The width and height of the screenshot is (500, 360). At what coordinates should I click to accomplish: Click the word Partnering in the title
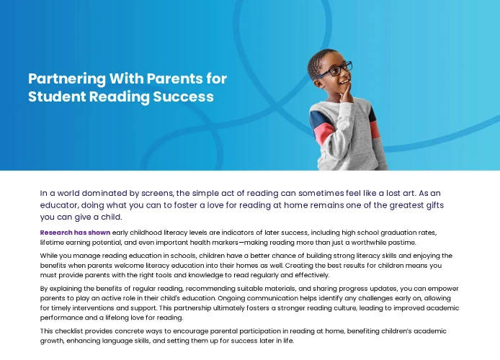tap(67, 79)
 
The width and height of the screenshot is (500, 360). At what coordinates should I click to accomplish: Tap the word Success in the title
tap(183, 97)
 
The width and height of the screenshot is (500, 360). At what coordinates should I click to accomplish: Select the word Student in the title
tap(57, 97)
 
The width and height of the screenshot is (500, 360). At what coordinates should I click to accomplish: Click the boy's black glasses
tap(336, 70)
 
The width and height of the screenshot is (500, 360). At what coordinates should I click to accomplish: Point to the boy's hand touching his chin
tap(345, 94)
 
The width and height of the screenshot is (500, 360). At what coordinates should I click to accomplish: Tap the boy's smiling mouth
tap(344, 82)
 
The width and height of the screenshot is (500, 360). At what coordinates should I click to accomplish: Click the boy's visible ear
tap(319, 83)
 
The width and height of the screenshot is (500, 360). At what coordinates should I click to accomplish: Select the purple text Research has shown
tap(75, 233)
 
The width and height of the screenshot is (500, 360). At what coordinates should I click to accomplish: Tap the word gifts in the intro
tap(435, 205)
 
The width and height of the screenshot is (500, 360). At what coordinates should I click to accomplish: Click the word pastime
tap(404, 243)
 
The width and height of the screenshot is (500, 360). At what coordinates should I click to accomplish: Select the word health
tap(198, 243)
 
